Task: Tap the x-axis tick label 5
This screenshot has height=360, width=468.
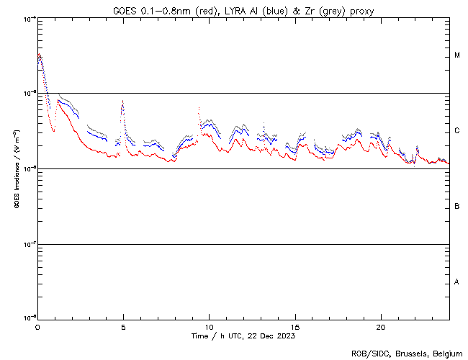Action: pyautogui.click(x=123, y=327)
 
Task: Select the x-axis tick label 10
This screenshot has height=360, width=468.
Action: pyautogui.click(x=209, y=327)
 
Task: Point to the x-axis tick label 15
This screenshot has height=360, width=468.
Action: pyautogui.click(x=295, y=327)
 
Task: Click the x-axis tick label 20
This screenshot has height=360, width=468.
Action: pyautogui.click(x=381, y=327)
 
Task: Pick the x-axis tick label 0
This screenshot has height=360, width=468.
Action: pyautogui.click(x=37, y=327)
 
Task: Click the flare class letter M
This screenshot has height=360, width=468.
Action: pyautogui.click(x=457, y=55)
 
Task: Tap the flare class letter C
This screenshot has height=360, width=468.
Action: pyautogui.click(x=457, y=131)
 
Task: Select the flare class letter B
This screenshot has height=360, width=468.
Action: pyautogui.click(x=457, y=207)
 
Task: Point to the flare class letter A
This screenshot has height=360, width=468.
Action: pyautogui.click(x=457, y=282)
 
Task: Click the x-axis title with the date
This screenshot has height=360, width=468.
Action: pyautogui.click(x=243, y=336)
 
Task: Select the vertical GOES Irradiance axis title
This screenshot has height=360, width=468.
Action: pyautogui.click(x=15, y=168)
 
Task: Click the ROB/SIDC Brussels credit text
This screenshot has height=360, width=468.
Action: pyautogui.click(x=407, y=353)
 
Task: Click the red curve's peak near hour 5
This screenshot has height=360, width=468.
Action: pyautogui.click(x=123, y=102)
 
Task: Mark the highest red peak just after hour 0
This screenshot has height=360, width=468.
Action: pyautogui.click(x=40, y=55)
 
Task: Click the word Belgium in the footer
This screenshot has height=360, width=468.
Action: pyautogui.click(x=448, y=353)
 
